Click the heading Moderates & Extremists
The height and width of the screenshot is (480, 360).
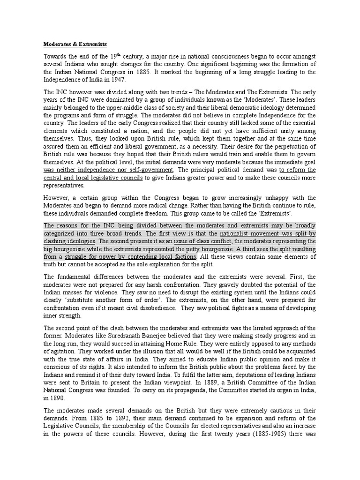pyautogui.click(x=75, y=44)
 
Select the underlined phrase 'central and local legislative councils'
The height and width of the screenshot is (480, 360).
pyautogui.click(x=93, y=178)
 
